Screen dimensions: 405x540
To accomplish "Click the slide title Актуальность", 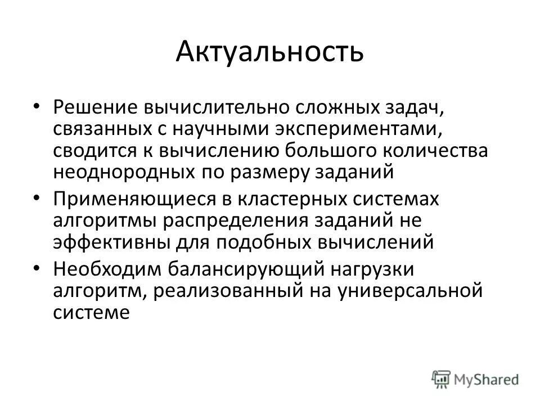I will click(x=269, y=52).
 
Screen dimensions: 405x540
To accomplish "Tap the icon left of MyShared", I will click(x=442, y=379).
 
